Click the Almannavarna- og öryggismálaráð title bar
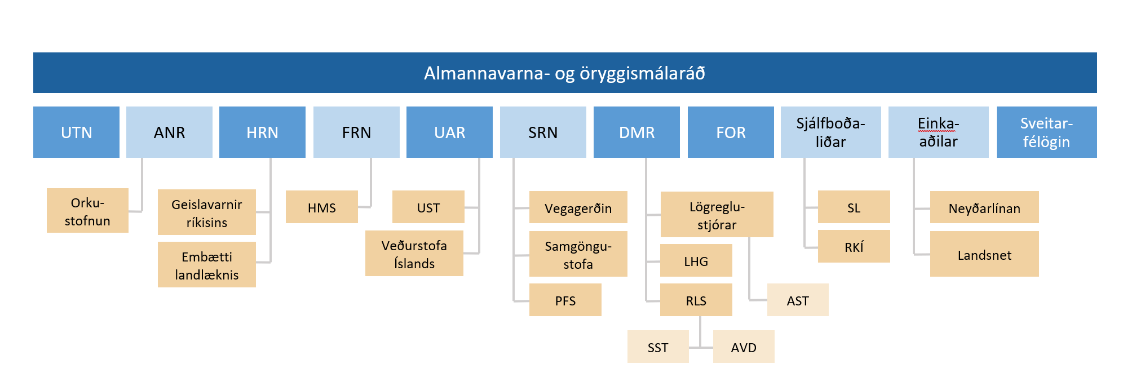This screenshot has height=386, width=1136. [564, 73]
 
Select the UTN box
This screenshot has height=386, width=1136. [76, 132]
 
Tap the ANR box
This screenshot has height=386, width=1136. [169, 132]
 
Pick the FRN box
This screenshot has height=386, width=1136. [356, 132]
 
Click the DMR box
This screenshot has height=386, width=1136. [636, 132]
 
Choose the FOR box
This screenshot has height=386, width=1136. [731, 132]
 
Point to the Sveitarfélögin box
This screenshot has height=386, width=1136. [1046, 132]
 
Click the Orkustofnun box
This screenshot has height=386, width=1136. [87, 211]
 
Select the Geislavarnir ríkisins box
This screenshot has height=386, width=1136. [206, 212]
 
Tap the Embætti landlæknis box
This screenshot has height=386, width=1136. [206, 265]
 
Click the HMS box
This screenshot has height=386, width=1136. [321, 207]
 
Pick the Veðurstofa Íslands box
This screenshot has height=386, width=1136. [414, 254]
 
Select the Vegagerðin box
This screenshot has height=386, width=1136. [578, 208]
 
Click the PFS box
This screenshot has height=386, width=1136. [565, 300]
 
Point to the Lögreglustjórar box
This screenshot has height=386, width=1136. [717, 215]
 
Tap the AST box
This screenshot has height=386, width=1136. [797, 300]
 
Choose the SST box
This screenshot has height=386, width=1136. [657, 347]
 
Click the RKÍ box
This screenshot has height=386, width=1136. [854, 247]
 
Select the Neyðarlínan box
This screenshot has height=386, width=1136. [984, 208]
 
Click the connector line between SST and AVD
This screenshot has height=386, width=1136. [701, 347]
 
